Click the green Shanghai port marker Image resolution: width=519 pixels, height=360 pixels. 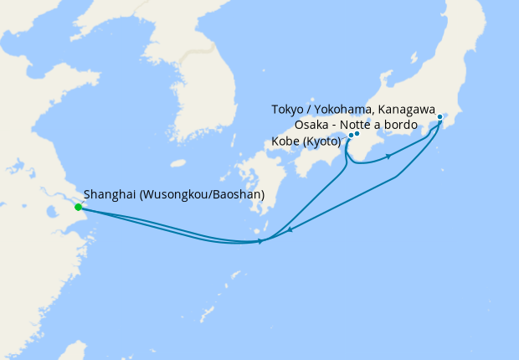78,207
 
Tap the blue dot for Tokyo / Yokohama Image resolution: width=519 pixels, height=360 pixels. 440,117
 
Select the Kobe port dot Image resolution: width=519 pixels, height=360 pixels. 351,135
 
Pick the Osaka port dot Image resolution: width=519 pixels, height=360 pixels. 357,133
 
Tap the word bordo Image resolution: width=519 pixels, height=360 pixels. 402,125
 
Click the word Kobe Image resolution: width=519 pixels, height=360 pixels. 286,141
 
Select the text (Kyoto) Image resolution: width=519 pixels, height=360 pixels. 321,141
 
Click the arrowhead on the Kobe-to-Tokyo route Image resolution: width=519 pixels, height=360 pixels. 388,157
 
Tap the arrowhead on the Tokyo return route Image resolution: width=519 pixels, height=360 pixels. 289,229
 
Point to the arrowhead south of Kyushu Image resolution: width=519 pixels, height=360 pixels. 260,241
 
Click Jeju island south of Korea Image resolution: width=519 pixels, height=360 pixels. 177,164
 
